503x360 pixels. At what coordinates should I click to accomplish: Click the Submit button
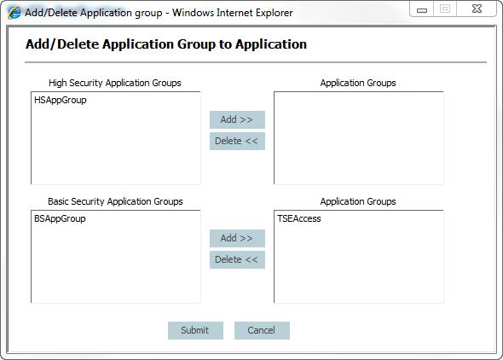coord(195,330)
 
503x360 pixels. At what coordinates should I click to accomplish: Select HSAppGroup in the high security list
coord(61,100)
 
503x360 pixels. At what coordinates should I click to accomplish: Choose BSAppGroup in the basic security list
coord(60,219)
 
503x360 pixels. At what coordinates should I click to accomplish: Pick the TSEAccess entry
coord(299,219)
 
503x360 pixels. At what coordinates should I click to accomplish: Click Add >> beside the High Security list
coord(237,119)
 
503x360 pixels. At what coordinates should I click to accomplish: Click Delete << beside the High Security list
coord(237,141)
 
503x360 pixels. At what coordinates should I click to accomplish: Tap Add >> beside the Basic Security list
coord(237,238)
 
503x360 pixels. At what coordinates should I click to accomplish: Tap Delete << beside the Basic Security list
coord(237,259)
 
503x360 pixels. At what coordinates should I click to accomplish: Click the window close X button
coord(477,9)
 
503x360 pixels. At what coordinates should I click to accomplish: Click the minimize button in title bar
coord(421,9)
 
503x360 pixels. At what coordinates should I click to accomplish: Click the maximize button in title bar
coord(445,9)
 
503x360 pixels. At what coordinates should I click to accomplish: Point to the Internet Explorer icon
coord(14,13)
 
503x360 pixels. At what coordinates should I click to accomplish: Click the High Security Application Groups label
coord(115,83)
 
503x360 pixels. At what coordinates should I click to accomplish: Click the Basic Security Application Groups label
coord(115,201)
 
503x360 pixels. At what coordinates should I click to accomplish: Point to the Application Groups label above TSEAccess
coord(358,201)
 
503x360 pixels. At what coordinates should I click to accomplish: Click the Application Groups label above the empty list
coord(358,83)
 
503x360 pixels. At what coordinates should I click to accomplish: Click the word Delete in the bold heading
coord(78,44)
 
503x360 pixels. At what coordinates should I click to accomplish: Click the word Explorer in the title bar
coord(275,13)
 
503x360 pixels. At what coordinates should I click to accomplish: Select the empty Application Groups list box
coord(359,138)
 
